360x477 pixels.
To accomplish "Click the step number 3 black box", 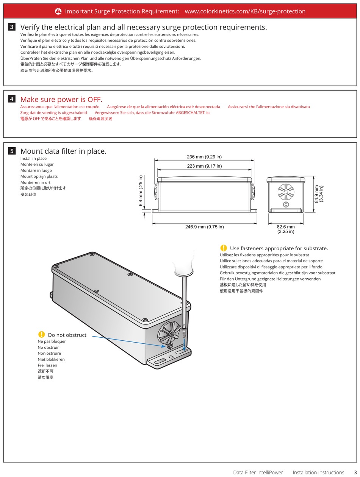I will [12, 27].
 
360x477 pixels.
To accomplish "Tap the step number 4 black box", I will [12, 99].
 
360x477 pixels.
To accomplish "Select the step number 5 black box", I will [12, 151].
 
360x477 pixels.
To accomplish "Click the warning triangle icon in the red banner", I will [58, 11].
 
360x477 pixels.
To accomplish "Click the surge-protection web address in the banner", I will [245, 11].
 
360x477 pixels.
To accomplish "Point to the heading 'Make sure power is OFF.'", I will [61, 100].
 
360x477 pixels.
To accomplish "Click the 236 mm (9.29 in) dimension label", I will [204, 157].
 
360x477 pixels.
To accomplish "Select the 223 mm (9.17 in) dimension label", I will [204, 166].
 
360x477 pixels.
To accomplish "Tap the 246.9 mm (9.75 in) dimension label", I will [204, 227].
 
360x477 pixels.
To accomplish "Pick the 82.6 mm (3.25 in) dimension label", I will [286, 229].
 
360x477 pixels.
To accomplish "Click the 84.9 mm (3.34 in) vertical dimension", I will [319, 194].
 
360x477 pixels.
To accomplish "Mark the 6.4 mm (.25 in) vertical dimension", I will [141, 191].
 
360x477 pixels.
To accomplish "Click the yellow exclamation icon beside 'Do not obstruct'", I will [42, 334].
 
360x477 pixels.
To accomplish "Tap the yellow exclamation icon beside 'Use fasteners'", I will [224, 248].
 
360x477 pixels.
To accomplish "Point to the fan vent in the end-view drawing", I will [286, 192].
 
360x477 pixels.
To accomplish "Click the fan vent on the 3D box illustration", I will [169, 333].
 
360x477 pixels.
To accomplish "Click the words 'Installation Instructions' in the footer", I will [318, 472].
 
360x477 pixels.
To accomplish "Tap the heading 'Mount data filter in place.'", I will [63, 151].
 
